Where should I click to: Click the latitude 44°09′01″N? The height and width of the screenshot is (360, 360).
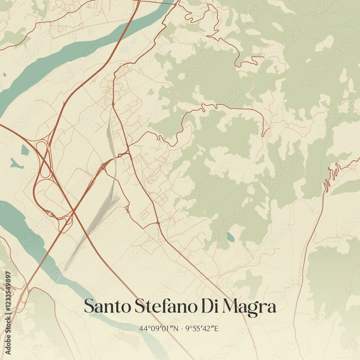tap(159, 328)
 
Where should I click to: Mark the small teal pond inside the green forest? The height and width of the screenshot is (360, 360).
tap(230, 237)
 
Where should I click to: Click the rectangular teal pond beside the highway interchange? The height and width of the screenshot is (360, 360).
tap(25, 150)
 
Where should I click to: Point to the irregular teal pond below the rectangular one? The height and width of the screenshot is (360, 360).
tap(16, 164)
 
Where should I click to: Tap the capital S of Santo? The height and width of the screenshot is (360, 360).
tap(89, 306)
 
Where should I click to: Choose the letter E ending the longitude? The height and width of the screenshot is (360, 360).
tap(217, 328)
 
